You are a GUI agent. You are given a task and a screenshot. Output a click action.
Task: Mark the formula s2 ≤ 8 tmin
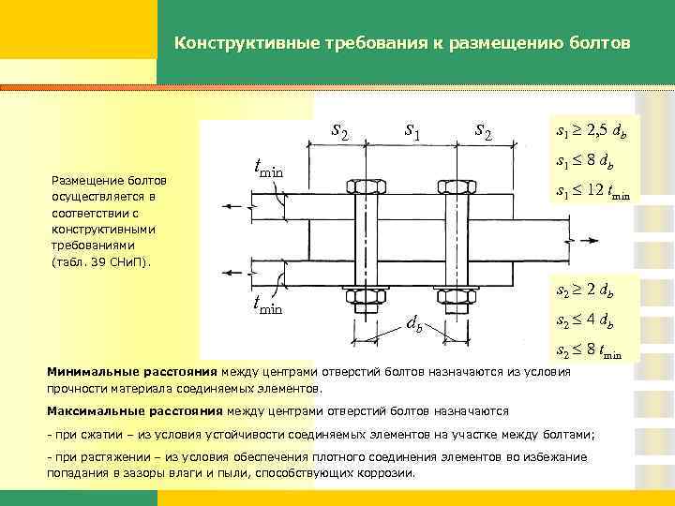coord(592,351)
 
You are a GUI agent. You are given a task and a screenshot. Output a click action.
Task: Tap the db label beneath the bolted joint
coord(413,326)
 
